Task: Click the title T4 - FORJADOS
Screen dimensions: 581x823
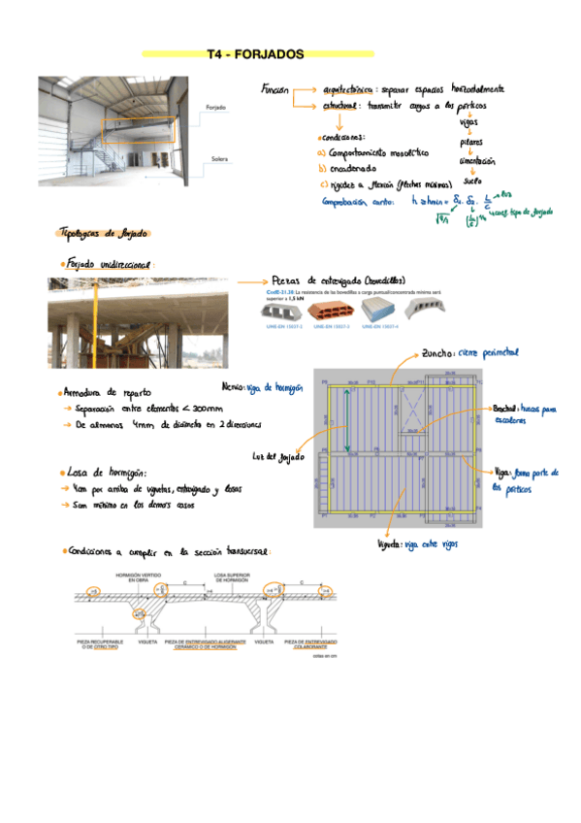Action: [257, 54]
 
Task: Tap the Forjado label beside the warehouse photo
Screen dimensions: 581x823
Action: [216, 107]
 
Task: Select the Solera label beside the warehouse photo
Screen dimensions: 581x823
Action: [217, 158]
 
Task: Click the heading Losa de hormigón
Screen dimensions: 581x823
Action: [108, 473]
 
